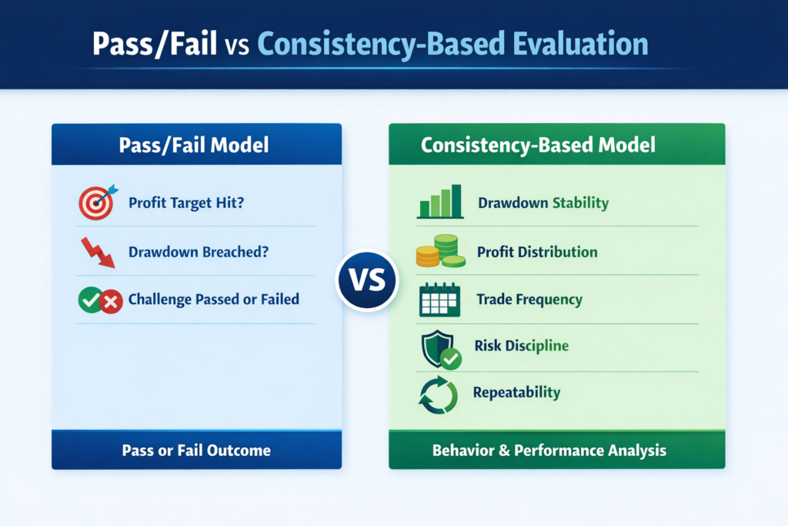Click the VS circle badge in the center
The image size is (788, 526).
point(366,280)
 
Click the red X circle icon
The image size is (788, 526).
point(112,301)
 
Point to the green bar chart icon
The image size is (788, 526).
point(439,203)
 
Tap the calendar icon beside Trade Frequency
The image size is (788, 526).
point(439,300)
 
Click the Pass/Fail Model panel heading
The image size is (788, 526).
point(196,144)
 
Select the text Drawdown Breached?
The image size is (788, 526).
point(198,252)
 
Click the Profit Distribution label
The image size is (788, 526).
point(536,252)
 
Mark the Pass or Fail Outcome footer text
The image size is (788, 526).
point(196,450)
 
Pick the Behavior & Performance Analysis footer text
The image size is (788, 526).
point(549,450)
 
